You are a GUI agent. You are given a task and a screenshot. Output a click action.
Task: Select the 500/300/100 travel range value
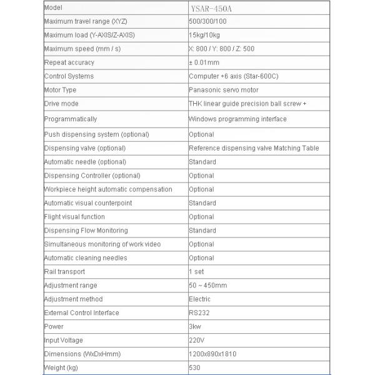(x=207, y=22)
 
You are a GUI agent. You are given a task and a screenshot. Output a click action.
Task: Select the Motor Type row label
(x=60, y=90)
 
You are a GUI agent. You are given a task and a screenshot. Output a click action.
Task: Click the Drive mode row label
(x=61, y=104)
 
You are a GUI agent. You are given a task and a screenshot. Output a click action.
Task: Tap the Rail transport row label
(x=64, y=272)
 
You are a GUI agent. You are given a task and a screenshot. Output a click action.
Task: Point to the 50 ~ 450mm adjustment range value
(x=208, y=286)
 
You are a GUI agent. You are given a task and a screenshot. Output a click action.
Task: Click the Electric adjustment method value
(x=199, y=299)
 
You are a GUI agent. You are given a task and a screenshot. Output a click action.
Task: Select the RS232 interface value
(x=198, y=312)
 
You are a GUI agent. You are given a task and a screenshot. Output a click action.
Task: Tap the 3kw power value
(x=195, y=326)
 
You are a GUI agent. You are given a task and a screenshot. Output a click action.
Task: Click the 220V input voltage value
(x=197, y=340)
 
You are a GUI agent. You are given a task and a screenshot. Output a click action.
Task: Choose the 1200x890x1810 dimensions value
(x=212, y=354)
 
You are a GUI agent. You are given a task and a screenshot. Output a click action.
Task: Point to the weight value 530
(x=194, y=367)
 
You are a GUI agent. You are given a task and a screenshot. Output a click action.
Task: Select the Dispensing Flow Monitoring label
(x=86, y=231)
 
